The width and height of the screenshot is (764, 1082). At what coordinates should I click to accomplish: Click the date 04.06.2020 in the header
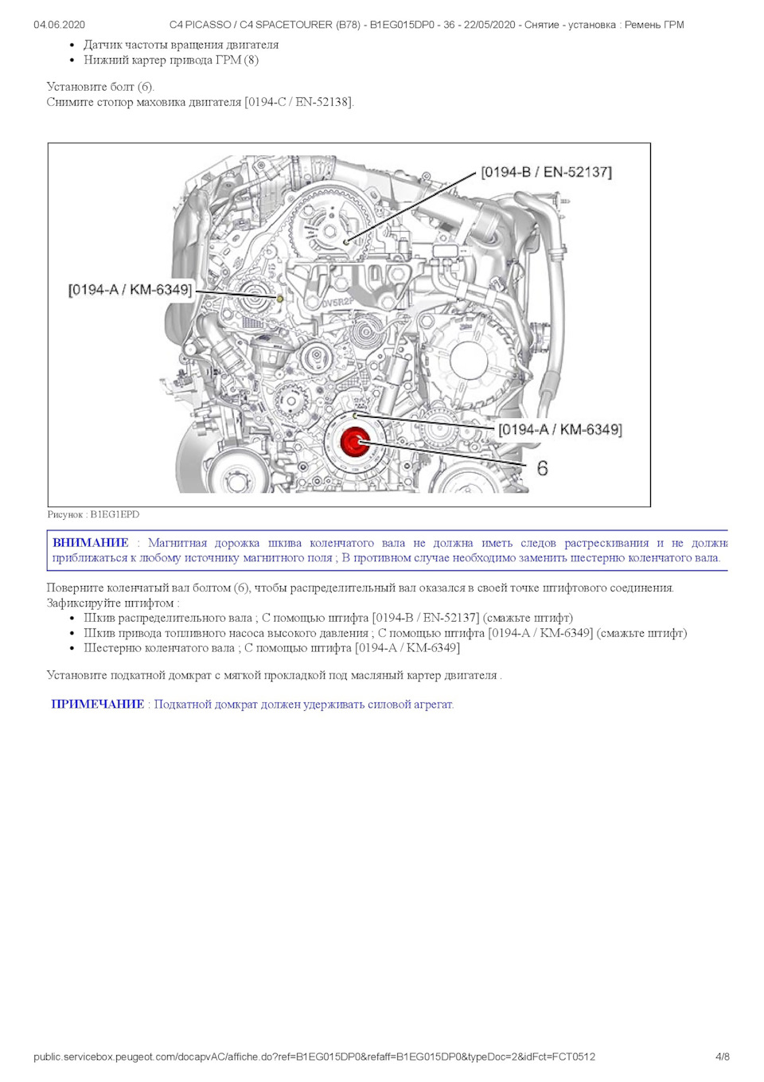59,25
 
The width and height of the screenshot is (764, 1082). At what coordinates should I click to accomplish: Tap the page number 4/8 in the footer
722,1057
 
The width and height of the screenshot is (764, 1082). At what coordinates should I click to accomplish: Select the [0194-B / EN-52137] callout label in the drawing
546,172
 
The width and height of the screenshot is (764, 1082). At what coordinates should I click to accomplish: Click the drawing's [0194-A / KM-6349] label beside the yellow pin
130,290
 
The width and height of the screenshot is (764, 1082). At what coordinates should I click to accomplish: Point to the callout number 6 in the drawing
542,468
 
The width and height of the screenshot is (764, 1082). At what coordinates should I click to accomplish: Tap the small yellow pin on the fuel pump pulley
279,299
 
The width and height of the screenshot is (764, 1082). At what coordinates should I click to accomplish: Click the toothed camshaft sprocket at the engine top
327,225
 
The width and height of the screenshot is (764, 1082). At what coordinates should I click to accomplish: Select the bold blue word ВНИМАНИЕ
90,543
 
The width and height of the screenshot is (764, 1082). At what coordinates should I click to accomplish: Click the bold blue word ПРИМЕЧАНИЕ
97,705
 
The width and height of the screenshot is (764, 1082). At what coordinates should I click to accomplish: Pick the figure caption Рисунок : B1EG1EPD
93,514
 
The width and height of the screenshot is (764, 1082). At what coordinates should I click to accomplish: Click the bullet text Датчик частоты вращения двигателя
181,45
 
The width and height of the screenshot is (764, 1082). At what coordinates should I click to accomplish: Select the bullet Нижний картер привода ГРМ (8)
170,60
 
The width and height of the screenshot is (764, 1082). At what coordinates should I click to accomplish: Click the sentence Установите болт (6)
100,87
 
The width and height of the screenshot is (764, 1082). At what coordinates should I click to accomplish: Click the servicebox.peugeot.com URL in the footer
314,1057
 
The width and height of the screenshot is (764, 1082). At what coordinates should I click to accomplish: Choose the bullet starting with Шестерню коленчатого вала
271,648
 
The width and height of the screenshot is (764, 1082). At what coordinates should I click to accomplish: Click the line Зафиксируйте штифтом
112,603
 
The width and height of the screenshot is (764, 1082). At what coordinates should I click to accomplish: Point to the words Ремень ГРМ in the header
654,25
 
